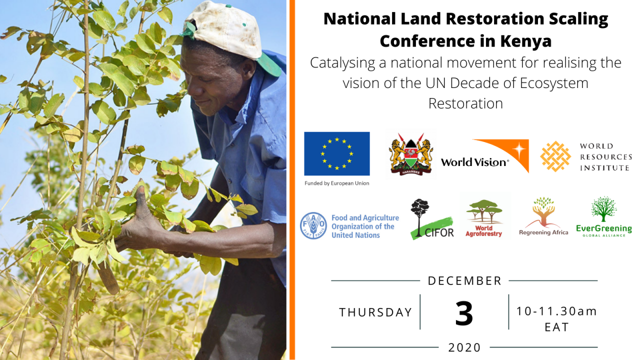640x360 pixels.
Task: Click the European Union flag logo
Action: click(337, 153)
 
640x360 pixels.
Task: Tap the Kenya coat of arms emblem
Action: click(411, 154)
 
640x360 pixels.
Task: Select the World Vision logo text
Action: click(474, 162)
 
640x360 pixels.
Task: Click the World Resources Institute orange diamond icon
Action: click(555, 156)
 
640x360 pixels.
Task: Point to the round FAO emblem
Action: click(313, 225)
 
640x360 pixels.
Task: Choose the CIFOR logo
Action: click(432, 219)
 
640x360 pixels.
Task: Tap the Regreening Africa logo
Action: click(543, 216)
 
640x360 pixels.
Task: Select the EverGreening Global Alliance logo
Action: click(603, 216)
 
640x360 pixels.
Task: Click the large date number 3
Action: click(464, 313)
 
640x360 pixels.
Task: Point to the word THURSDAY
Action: click(375, 312)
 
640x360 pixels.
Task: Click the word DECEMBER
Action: click(464, 281)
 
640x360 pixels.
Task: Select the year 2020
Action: click(464, 347)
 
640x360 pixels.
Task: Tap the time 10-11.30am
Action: click(556, 311)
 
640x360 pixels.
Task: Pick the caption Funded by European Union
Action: click(337, 183)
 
